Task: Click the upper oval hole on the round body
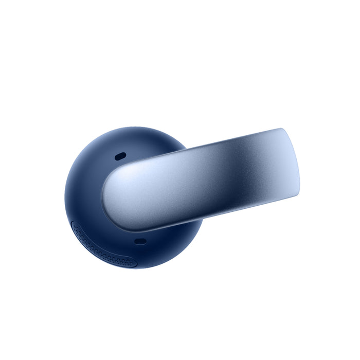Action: [120, 155]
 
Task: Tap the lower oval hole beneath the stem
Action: [140, 241]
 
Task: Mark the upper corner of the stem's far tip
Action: [282, 129]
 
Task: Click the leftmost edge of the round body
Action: [65, 198]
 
